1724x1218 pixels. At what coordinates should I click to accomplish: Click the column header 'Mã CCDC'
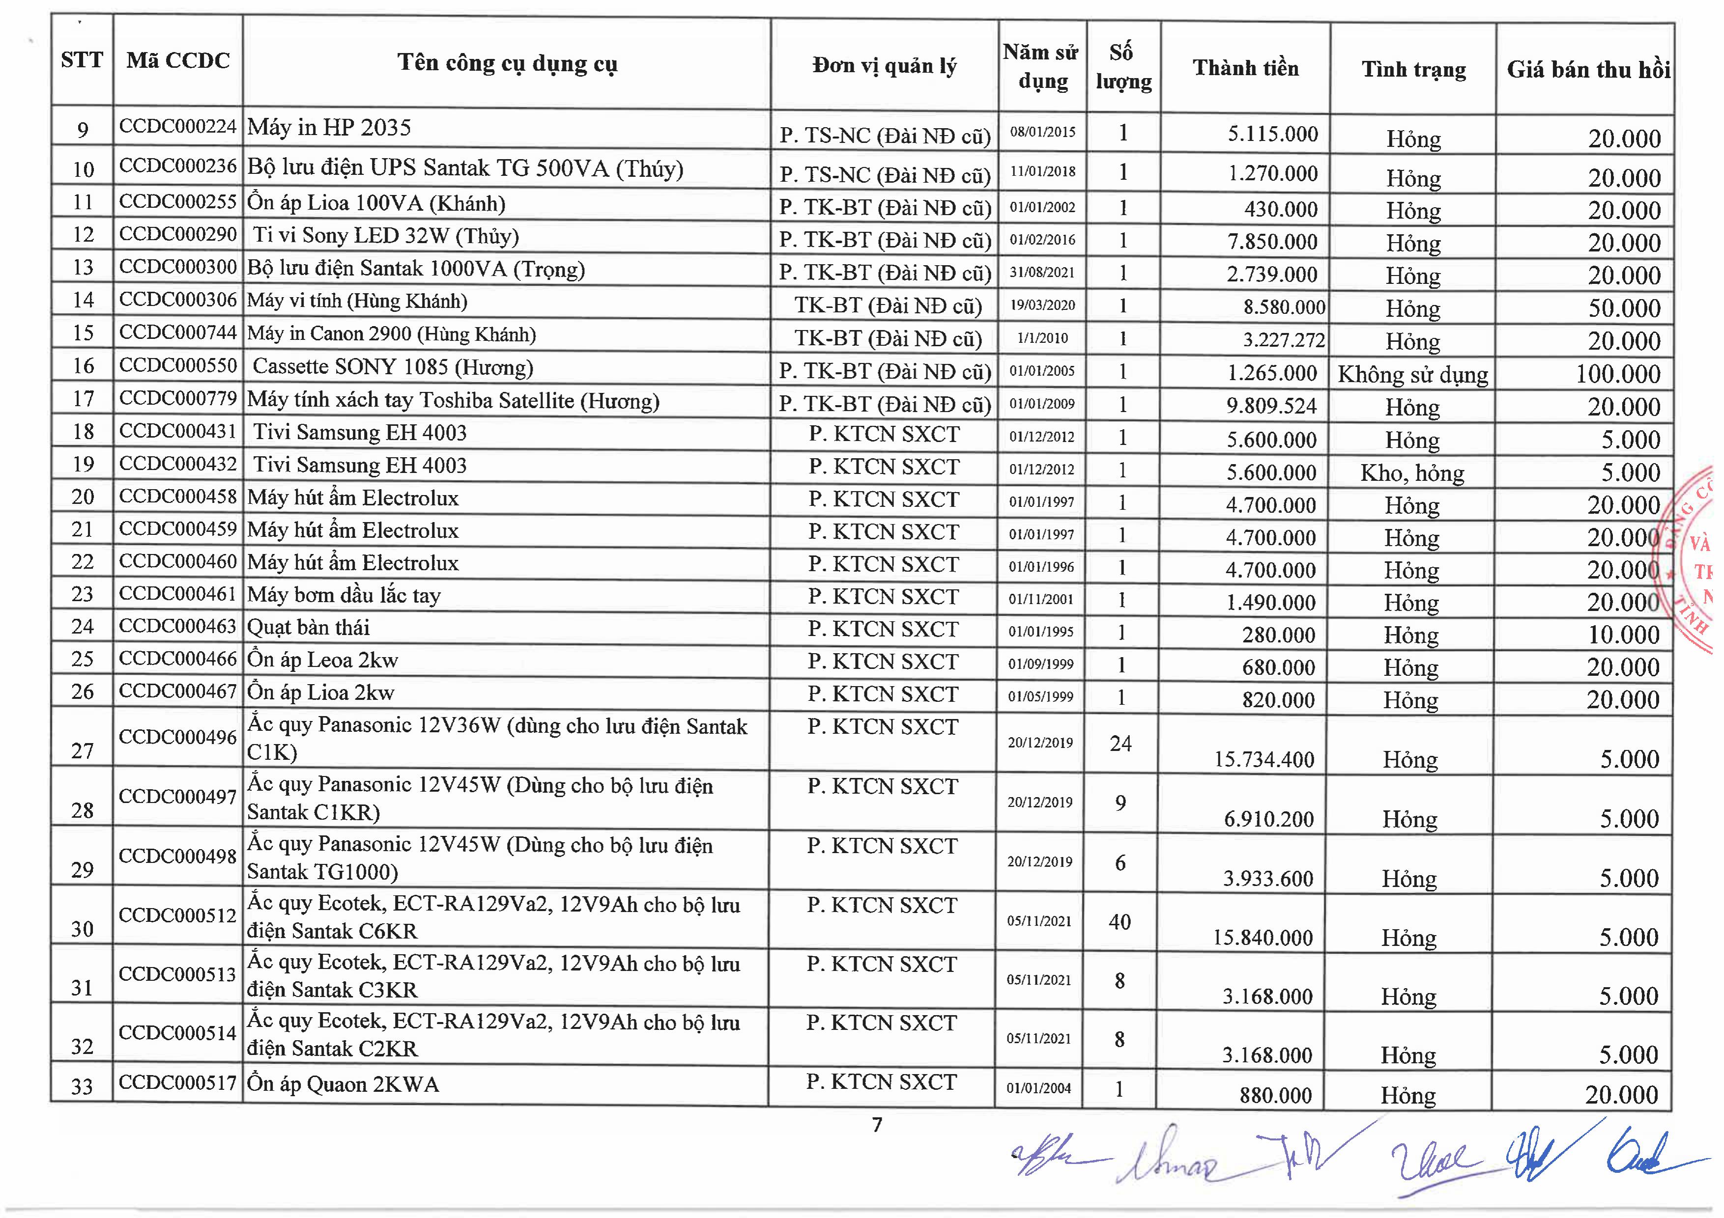178,61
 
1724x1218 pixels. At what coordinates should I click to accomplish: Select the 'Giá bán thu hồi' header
1587,70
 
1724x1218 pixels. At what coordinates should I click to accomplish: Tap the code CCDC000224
178,126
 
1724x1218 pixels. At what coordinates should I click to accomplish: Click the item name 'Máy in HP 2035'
329,128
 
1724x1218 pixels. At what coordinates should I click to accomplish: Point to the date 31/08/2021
1041,273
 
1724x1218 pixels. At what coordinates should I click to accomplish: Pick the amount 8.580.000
1284,307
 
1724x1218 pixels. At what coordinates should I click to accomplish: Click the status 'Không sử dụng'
1412,374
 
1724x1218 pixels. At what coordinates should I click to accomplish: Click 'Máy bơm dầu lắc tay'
344,596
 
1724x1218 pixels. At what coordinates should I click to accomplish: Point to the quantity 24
1121,743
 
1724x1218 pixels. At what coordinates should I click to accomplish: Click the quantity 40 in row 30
1120,921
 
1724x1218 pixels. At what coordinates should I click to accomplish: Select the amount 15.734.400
1264,759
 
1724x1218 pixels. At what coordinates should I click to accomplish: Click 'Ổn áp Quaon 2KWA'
343,1084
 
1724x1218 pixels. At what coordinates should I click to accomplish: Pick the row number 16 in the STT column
83,366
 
